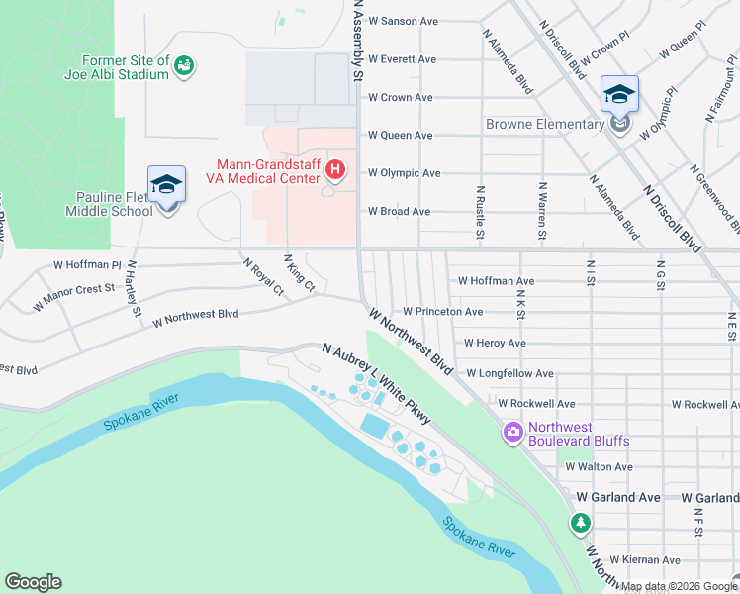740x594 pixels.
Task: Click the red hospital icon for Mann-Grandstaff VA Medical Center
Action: (335, 172)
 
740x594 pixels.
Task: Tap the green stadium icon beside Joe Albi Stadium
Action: (183, 66)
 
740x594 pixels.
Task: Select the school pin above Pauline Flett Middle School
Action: (166, 185)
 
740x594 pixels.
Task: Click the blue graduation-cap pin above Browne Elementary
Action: (619, 95)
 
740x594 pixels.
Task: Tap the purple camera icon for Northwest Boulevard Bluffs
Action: (512, 432)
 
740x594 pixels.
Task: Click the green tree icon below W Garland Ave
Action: (580, 522)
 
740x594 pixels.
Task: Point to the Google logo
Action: (33, 582)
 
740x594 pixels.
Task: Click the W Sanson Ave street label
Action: (403, 21)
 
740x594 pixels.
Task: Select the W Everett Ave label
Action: (402, 59)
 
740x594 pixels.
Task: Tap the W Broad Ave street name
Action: (399, 211)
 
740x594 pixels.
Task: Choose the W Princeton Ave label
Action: (442, 311)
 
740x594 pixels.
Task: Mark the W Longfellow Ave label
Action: (507, 373)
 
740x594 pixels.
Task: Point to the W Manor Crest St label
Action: (73, 297)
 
